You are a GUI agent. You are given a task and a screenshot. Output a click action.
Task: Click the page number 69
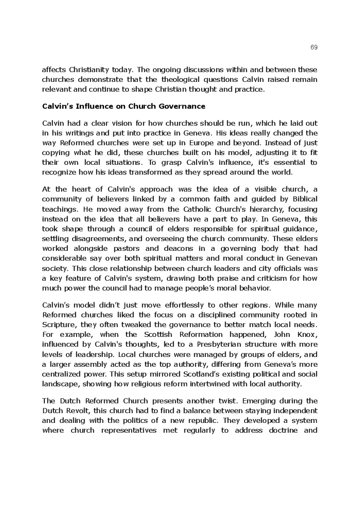pyautogui.click(x=314, y=47)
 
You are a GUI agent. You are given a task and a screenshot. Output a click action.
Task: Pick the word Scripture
pyautogui.click(x=59, y=325)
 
